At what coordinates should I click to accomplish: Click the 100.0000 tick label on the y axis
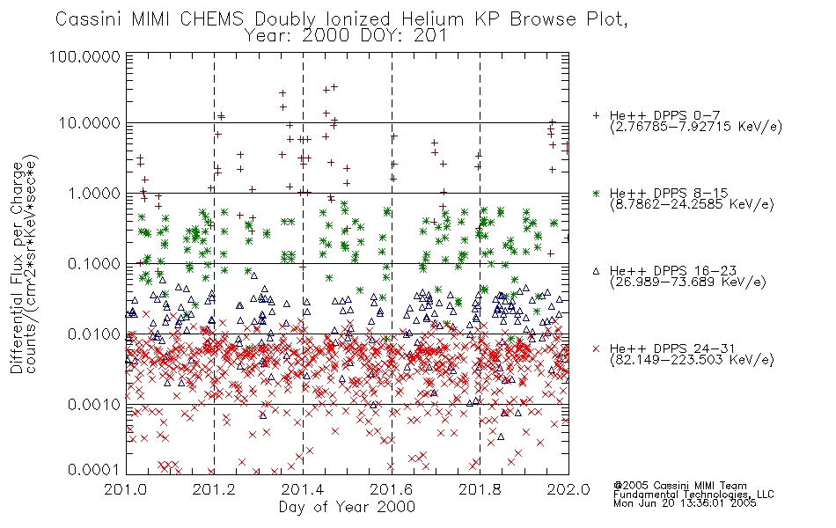tap(84, 56)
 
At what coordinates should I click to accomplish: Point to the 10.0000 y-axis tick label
tap(90, 123)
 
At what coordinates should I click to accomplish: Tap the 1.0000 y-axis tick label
tap(94, 194)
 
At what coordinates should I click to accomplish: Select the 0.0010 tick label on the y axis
tap(94, 405)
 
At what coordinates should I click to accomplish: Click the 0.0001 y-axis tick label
tap(94, 470)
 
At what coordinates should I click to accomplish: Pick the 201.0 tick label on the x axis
tap(126, 489)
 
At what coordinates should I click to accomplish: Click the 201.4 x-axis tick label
tap(303, 489)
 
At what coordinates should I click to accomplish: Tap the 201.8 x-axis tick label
tap(480, 489)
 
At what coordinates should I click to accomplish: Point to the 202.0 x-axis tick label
tap(568, 489)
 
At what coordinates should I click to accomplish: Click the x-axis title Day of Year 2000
tap(347, 507)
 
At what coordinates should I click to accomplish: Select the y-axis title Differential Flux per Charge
tap(17, 268)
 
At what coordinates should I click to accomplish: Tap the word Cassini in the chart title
tap(90, 19)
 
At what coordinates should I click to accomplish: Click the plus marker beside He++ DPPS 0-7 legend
tap(596, 115)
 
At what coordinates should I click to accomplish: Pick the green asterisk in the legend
tap(596, 193)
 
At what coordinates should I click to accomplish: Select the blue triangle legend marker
tap(596, 271)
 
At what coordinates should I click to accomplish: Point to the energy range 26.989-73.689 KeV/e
tap(688, 282)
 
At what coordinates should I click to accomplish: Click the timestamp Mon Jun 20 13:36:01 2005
tap(685, 503)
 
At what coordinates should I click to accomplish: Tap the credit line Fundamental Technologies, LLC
tap(693, 495)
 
